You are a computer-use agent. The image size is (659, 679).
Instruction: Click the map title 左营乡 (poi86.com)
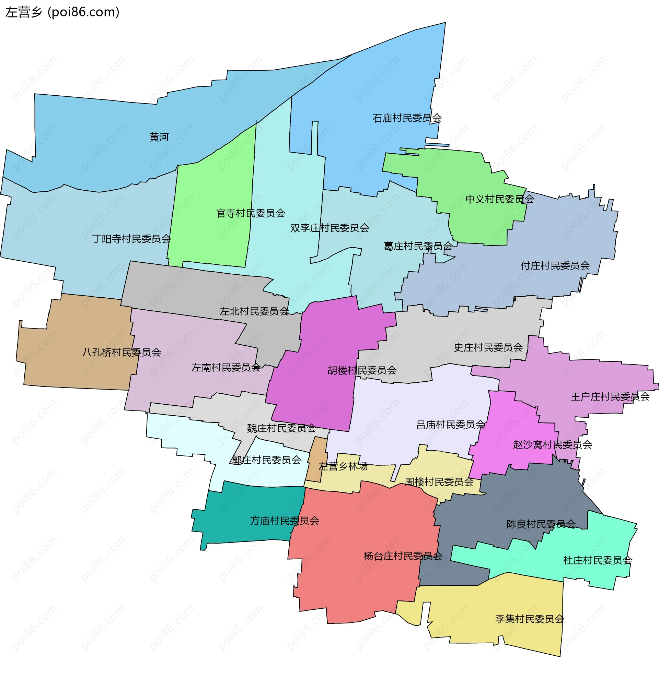(x=62, y=12)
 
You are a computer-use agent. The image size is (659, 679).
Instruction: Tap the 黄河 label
(x=159, y=137)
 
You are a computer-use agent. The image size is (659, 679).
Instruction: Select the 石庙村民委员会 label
(x=407, y=118)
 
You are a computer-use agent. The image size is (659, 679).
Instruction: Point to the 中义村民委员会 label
(x=499, y=199)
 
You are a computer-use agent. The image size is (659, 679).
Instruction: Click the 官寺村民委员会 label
(x=251, y=213)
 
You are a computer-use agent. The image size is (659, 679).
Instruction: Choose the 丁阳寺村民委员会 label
(x=131, y=239)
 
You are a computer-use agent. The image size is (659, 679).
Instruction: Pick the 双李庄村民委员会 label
(x=330, y=228)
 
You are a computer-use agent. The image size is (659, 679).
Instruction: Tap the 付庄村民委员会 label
(x=555, y=266)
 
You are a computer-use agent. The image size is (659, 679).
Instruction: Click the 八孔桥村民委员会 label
(x=122, y=353)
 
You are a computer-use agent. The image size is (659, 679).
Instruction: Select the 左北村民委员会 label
(x=254, y=312)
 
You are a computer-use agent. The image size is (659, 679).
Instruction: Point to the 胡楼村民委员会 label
(x=362, y=371)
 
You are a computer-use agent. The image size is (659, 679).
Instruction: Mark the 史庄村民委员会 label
(x=488, y=348)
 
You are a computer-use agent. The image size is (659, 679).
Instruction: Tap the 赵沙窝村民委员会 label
(x=552, y=445)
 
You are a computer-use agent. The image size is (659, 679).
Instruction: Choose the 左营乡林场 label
(x=343, y=467)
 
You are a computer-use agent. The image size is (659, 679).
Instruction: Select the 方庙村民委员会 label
(x=285, y=521)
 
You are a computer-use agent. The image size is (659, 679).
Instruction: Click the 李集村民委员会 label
(x=529, y=619)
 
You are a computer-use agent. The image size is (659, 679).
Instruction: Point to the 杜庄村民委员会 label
(x=598, y=561)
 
